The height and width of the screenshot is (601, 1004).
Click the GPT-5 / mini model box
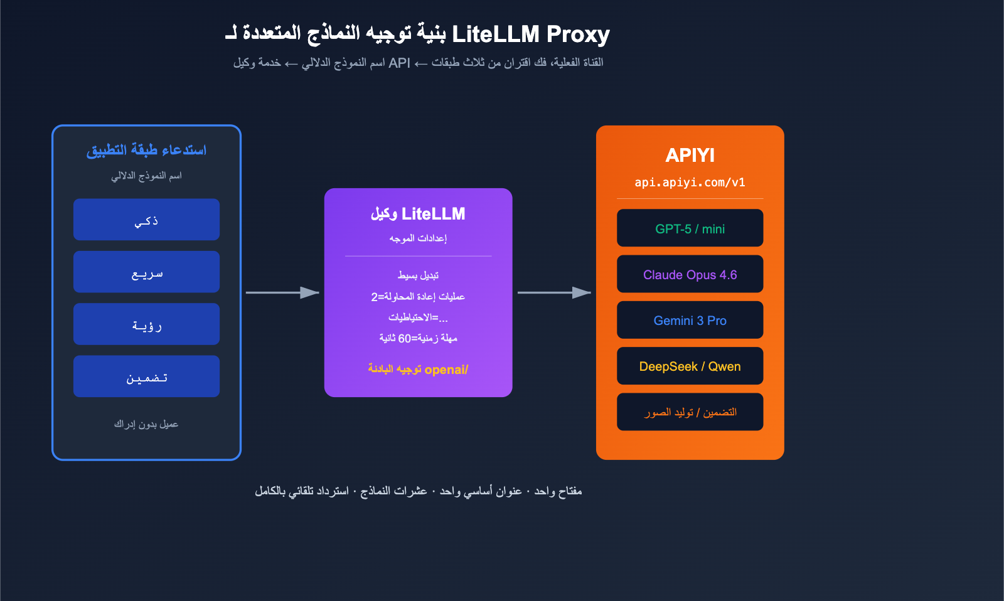[690, 228]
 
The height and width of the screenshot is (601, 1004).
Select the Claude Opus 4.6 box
[690, 274]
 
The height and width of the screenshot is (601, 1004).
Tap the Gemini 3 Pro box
[690, 320]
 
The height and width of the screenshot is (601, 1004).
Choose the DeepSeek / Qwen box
[690, 366]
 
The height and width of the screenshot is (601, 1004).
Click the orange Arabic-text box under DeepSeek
[690, 412]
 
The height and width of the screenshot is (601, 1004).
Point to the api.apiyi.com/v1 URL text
[690, 183]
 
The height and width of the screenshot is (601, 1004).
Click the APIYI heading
[690, 155]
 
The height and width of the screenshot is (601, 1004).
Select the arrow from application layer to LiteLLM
[282, 292]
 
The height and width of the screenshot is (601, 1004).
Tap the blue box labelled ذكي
[146, 220]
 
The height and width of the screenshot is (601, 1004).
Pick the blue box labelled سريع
[146, 272]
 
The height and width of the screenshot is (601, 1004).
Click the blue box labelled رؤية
[146, 324]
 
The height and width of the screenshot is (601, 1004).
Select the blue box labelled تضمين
[146, 376]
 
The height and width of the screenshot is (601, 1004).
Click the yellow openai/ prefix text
[446, 370]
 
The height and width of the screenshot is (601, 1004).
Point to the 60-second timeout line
[418, 338]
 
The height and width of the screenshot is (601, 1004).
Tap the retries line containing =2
[418, 297]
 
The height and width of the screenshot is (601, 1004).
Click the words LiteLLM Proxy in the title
[531, 35]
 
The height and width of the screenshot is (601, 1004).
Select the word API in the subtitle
[399, 63]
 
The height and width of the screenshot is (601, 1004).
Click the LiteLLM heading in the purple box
[433, 214]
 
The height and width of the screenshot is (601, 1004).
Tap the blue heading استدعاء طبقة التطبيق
[146, 150]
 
